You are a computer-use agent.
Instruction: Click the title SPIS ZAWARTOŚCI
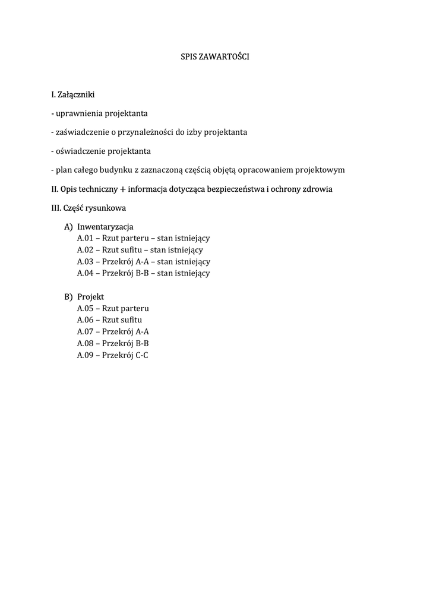tap(215, 57)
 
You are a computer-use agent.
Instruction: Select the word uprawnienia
tap(78, 113)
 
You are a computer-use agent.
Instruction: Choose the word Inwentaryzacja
tap(105, 227)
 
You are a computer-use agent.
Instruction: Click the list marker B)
tap(68, 297)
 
